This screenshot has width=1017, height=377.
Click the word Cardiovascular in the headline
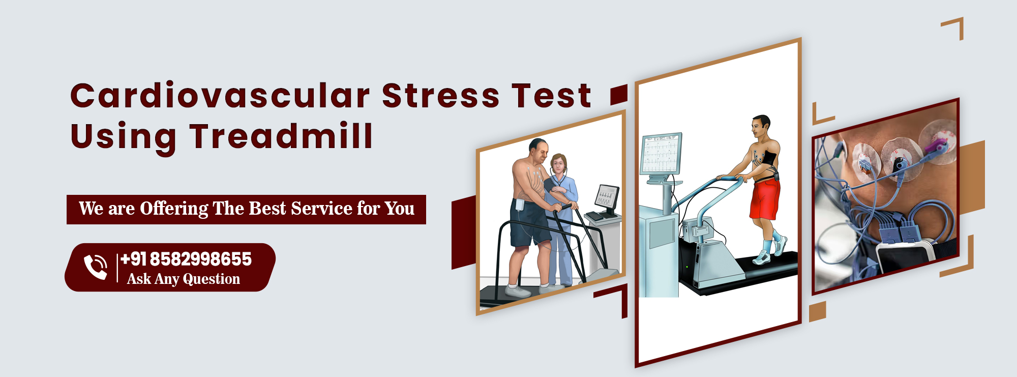pyautogui.click(x=220, y=96)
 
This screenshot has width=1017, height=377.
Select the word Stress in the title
pyautogui.click(x=440, y=96)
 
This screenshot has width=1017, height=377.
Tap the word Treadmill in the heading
pyautogui.click(x=282, y=136)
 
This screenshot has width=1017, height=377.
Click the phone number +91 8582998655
pyautogui.click(x=186, y=259)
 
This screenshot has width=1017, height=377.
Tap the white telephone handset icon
pyautogui.click(x=96, y=267)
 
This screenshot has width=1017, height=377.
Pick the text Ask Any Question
pyautogui.click(x=184, y=279)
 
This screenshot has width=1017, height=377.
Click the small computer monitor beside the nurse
pyautogui.click(x=607, y=197)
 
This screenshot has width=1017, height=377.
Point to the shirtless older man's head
pyautogui.click(x=539, y=150)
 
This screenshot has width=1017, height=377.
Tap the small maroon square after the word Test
pyautogui.click(x=619, y=95)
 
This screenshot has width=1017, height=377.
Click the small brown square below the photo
pyautogui.click(x=817, y=311)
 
